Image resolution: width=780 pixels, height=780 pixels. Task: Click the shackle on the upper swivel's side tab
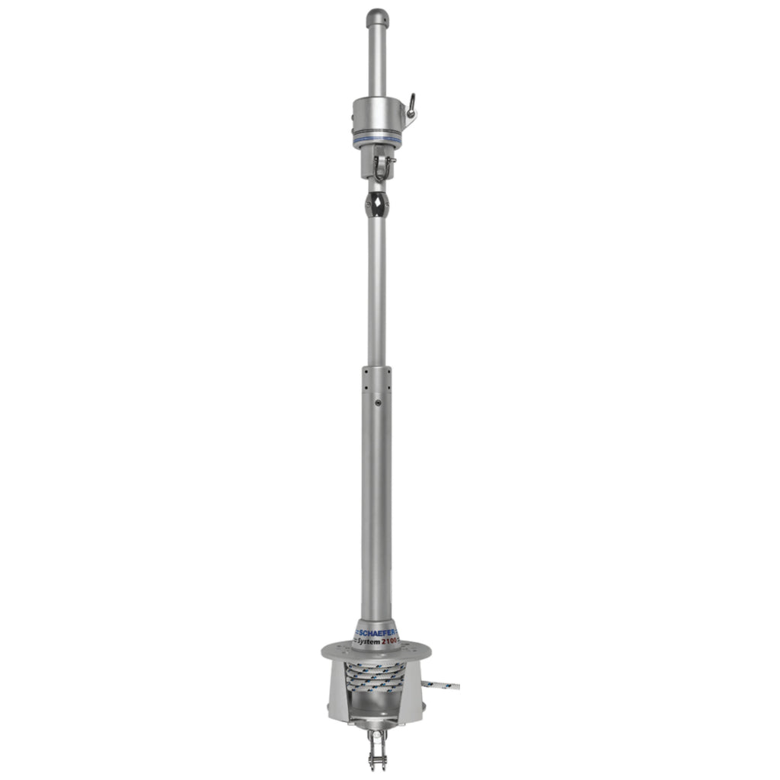pyautogui.click(x=411, y=106)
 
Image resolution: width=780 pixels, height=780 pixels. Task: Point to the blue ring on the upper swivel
pyautogui.click(x=376, y=139)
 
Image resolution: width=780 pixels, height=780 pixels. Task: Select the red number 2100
pyautogui.click(x=390, y=641)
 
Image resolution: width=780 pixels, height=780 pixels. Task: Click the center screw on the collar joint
pyautogui.click(x=378, y=402)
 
